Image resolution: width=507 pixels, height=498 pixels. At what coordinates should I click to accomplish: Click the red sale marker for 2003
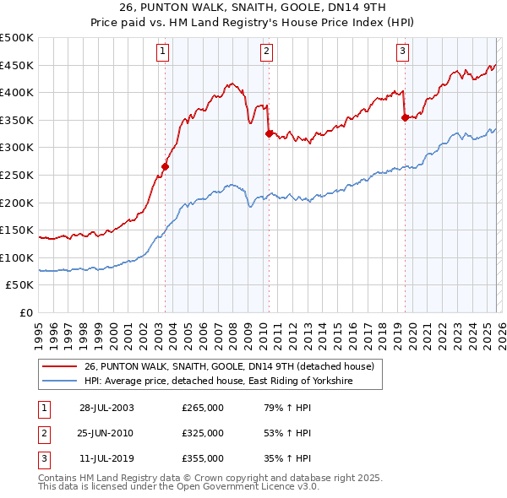pyautogui.click(x=166, y=167)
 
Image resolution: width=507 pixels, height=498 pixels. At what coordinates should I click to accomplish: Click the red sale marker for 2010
pyautogui.click(x=269, y=133)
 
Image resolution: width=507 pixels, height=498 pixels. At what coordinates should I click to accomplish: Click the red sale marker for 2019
pyautogui.click(x=405, y=117)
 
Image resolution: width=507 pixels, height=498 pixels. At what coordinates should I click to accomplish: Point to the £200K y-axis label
pyautogui.click(x=17, y=203)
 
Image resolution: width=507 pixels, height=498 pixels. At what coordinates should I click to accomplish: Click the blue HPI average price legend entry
pyautogui.click(x=217, y=382)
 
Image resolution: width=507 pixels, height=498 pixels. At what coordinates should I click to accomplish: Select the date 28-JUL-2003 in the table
pyautogui.click(x=106, y=408)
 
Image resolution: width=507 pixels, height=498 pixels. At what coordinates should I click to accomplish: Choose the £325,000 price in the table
pyautogui.click(x=203, y=434)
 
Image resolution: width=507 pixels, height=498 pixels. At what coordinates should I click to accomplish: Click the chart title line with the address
pyautogui.click(x=253, y=9)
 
